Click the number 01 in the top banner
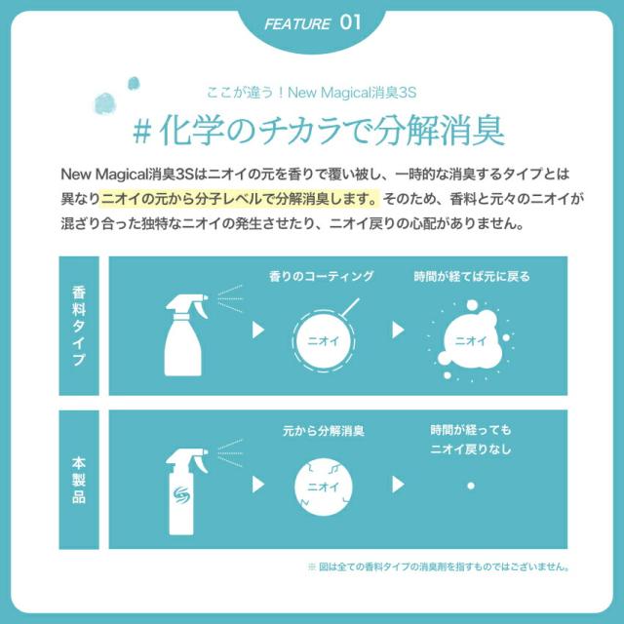pos(352,22)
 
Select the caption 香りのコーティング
pos(321,277)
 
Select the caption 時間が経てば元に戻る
pos(472,277)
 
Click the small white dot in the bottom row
pos(471,484)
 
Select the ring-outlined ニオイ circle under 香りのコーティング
pos(322,341)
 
